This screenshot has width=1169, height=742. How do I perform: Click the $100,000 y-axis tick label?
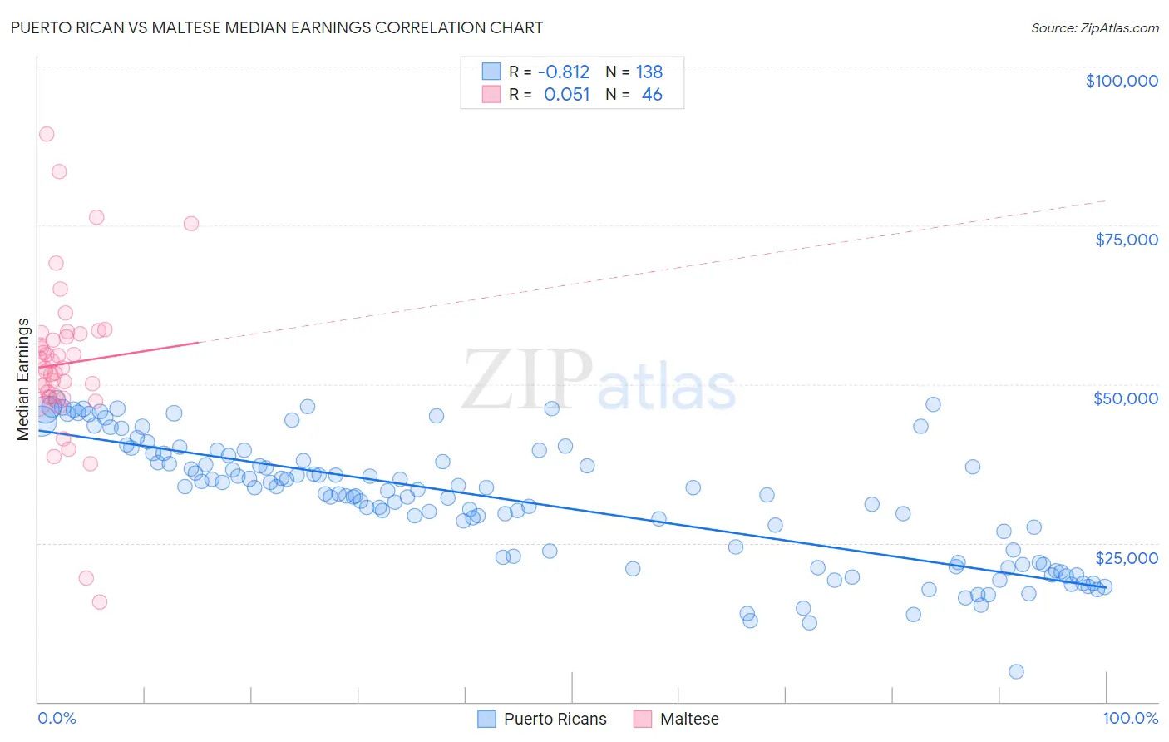tap(1122, 81)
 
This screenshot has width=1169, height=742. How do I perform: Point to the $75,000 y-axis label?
tap(1127, 240)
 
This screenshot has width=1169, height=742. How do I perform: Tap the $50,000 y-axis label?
tap(1126, 398)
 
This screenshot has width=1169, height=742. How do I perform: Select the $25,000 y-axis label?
tap(1127, 558)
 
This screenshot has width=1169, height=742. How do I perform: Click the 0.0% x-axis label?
tap(57, 719)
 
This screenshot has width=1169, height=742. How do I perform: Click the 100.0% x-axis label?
tap(1130, 719)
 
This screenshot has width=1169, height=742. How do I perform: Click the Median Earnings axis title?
tap(23, 378)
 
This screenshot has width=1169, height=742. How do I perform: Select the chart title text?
tap(277, 27)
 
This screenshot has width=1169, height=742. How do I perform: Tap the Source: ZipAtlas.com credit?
tap(1094, 28)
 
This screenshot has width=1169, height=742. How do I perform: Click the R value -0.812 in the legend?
tap(563, 72)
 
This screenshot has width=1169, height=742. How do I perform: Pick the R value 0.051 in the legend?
tap(566, 95)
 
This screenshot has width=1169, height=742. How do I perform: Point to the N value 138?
tap(649, 72)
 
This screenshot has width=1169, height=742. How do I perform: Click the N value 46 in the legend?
tap(652, 95)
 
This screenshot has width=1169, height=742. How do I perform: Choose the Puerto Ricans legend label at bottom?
tap(555, 719)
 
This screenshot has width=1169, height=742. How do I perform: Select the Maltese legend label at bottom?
tap(688, 719)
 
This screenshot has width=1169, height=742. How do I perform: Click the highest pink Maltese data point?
tap(47, 134)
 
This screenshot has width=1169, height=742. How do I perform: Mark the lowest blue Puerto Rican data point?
tap(1016, 672)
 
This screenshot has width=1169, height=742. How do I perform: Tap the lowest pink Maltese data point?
tap(100, 602)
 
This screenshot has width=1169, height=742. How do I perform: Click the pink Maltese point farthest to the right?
tap(191, 224)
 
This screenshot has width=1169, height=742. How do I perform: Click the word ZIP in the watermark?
tap(527, 381)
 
